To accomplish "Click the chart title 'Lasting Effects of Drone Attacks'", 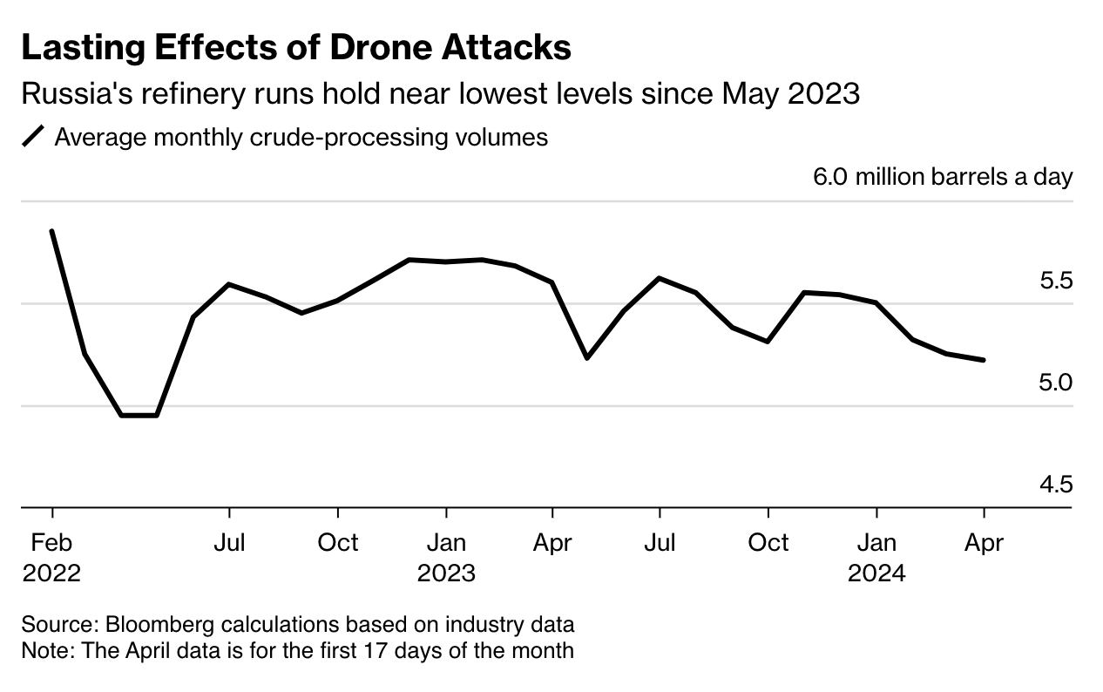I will (296, 48).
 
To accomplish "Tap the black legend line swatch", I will (33, 138).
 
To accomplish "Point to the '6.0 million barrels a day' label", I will (943, 177).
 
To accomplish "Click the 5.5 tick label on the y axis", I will (1055, 281).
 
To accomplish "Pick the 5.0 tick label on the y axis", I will (1055, 383).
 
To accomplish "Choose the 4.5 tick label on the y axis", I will (1055, 485).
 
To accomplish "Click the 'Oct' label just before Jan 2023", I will (337, 543).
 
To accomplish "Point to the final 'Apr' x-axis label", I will (984, 543).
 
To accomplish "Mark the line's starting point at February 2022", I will (52, 232).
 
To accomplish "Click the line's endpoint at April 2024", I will (984, 360).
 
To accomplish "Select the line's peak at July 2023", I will (660, 278).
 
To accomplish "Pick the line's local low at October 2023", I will (768, 342).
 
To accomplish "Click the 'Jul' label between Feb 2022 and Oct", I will (229, 543).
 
